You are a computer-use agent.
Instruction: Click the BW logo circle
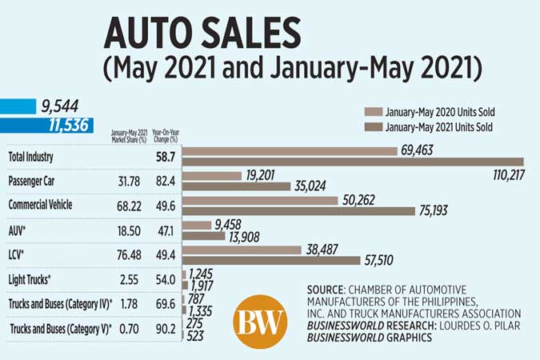pos(260,322)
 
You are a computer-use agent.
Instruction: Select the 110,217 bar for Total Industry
pos(352,162)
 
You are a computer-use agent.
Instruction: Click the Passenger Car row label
pos(34,181)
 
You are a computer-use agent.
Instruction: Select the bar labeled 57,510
pos(272,260)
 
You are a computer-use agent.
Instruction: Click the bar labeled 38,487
pos(243,249)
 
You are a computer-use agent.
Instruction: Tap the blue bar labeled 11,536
pos(46,125)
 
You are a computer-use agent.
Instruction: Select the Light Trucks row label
pos(30,279)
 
